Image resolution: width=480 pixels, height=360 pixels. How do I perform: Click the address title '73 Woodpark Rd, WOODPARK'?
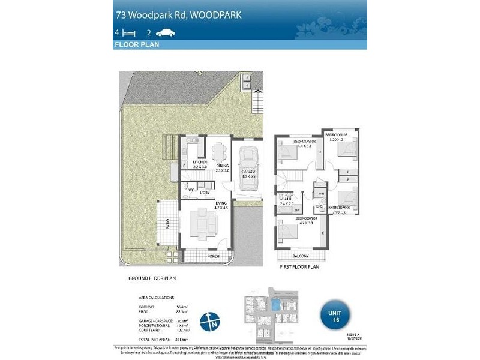178,14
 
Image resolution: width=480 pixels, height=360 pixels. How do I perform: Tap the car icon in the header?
164,33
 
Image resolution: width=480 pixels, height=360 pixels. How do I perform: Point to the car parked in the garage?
247,163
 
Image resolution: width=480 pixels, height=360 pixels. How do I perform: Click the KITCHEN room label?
199,163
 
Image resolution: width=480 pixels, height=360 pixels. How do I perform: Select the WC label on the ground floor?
191,191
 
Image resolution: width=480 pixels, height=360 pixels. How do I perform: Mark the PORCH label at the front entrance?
212,256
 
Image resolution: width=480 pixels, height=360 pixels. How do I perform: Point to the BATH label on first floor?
286,199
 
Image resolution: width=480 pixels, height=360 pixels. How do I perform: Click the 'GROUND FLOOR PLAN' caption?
152,279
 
